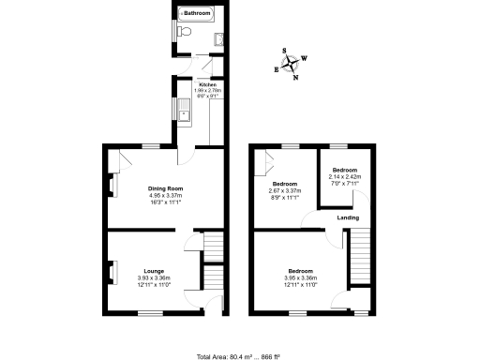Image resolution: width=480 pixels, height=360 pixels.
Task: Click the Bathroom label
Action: tap(197, 13)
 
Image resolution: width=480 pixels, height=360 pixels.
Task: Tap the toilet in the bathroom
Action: tap(185, 33)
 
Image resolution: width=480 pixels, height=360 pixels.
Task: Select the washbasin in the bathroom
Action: tap(218, 37)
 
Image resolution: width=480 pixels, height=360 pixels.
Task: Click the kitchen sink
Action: tap(185, 112)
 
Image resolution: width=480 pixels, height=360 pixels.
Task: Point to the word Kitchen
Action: tap(206, 84)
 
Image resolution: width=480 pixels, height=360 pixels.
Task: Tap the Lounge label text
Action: tap(155, 271)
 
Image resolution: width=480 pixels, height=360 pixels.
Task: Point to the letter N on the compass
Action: tap(296, 78)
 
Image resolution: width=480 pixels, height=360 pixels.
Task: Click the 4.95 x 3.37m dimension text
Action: tap(164, 196)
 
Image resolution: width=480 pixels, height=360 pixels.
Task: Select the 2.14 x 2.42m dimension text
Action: tap(345, 176)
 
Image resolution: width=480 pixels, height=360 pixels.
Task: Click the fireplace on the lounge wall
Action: tap(113, 274)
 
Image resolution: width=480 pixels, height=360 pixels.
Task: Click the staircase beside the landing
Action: tap(357, 259)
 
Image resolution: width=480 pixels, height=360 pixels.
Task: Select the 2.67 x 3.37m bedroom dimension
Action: tap(285, 191)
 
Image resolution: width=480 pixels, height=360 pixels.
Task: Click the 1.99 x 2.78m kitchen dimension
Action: tap(206, 90)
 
